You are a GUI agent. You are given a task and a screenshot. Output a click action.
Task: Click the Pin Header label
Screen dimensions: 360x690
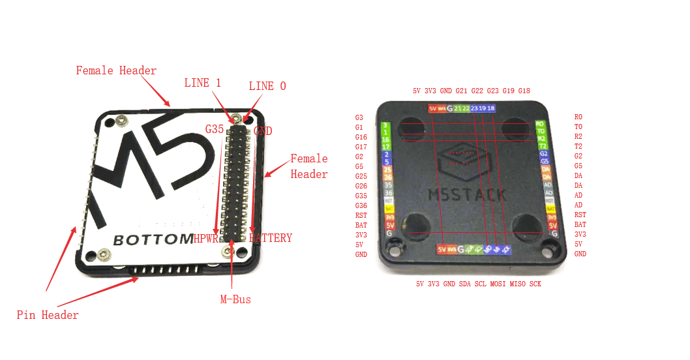tap(48, 316)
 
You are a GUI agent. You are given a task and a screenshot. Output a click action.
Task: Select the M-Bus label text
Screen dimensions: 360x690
tap(235, 300)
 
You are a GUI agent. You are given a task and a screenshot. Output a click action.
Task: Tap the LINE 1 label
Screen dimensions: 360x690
tap(203, 83)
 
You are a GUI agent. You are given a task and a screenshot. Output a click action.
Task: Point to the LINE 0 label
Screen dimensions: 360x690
tap(267, 86)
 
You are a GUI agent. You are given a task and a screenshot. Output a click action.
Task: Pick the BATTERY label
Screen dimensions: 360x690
tap(271, 238)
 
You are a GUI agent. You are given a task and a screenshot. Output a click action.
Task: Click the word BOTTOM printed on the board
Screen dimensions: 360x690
tap(153, 239)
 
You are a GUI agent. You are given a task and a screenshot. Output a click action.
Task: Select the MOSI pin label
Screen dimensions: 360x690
tap(498, 284)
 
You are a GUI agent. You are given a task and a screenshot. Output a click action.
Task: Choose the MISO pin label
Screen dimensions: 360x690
tap(518, 284)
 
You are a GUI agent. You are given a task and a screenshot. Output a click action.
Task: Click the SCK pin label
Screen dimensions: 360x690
tap(535, 284)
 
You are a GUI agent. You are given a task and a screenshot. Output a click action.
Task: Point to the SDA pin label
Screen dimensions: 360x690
tap(464, 284)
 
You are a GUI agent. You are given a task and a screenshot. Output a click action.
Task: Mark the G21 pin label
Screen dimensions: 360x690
tap(462, 91)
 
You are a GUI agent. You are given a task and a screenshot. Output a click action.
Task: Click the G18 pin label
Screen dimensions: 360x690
tap(524, 91)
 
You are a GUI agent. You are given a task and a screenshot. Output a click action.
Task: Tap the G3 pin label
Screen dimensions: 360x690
tap(359, 117)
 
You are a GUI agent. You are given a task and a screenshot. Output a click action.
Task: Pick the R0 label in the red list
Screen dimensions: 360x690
tap(578, 117)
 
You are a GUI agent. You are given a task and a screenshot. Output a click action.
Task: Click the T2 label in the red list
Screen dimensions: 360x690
tap(578, 147)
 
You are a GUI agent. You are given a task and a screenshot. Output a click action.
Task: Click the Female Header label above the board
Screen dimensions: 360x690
tap(116, 70)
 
